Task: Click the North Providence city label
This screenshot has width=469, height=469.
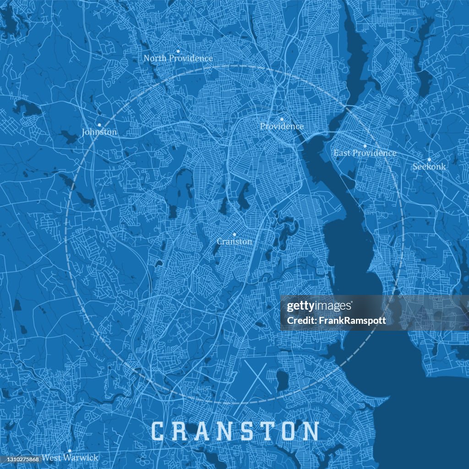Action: [x=178, y=59]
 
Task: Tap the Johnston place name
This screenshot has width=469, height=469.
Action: [x=99, y=132]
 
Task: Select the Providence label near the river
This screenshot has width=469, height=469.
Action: [x=282, y=126]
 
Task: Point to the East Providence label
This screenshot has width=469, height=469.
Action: [x=365, y=153]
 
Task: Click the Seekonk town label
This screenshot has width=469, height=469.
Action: [x=429, y=167]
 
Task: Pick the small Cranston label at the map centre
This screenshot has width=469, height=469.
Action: [x=234, y=241]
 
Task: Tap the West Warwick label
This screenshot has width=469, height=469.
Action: [x=70, y=458]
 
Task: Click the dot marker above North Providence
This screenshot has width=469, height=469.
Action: [x=178, y=51]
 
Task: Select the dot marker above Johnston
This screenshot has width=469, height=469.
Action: [x=99, y=125]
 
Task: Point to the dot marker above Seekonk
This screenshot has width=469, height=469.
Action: [x=429, y=159]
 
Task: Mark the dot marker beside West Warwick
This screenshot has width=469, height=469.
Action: [x=70, y=451]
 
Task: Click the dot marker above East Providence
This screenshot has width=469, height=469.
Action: [x=365, y=146]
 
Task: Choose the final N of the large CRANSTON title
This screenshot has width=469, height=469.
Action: [x=311, y=431]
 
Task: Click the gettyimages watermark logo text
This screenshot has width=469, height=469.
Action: [x=319, y=306]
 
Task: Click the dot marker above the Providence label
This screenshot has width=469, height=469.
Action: [x=282, y=119]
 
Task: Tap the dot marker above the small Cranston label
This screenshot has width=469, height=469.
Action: [x=234, y=234]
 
